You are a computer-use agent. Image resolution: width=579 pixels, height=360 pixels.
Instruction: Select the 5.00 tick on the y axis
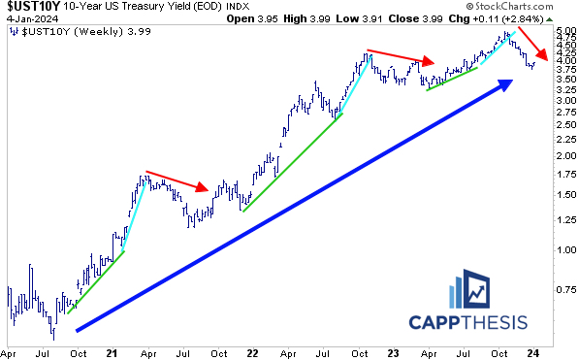563,31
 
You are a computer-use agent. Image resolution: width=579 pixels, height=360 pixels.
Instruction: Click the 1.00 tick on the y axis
563,249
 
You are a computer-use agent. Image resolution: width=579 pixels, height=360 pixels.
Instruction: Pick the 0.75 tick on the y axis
563,288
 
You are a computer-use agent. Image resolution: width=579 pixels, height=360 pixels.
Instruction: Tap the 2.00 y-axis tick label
563,155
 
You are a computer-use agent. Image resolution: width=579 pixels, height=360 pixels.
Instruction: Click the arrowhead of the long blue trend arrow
505,86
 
